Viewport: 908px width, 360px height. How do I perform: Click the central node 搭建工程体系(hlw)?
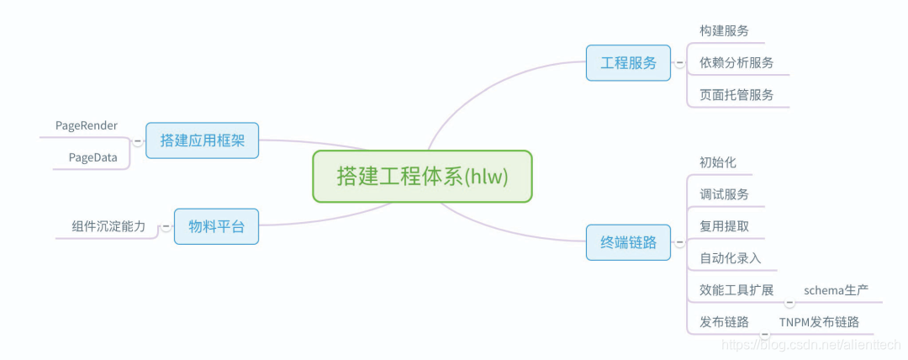coord(422,177)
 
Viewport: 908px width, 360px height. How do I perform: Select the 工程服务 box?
coord(628,63)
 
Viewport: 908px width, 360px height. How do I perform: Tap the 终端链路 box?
coord(628,242)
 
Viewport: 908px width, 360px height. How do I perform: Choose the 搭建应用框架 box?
coord(202,140)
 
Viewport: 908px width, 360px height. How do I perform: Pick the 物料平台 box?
coord(216,226)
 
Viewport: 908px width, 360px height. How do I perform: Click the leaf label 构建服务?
coord(724,31)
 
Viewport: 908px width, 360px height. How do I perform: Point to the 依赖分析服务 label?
coord(736,63)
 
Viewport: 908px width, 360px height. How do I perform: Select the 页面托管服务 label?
coord(736,95)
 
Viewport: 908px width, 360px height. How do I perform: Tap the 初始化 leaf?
coord(718,162)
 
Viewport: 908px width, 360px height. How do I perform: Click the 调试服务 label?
coord(724,194)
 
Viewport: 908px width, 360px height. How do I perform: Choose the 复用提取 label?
coord(724,226)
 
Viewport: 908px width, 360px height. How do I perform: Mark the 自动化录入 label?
coord(730,258)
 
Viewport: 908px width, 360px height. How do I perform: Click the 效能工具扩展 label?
coord(736,290)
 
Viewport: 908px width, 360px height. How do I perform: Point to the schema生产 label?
coord(836,290)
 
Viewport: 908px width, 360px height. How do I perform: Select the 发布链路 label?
coord(724,322)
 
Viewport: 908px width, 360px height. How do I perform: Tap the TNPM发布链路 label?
coord(819,322)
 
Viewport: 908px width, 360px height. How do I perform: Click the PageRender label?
coord(87,125)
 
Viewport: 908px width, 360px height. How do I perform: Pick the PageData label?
coord(93,157)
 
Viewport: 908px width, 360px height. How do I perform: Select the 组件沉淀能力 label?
coord(108,226)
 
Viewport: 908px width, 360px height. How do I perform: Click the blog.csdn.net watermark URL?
coord(811,344)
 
